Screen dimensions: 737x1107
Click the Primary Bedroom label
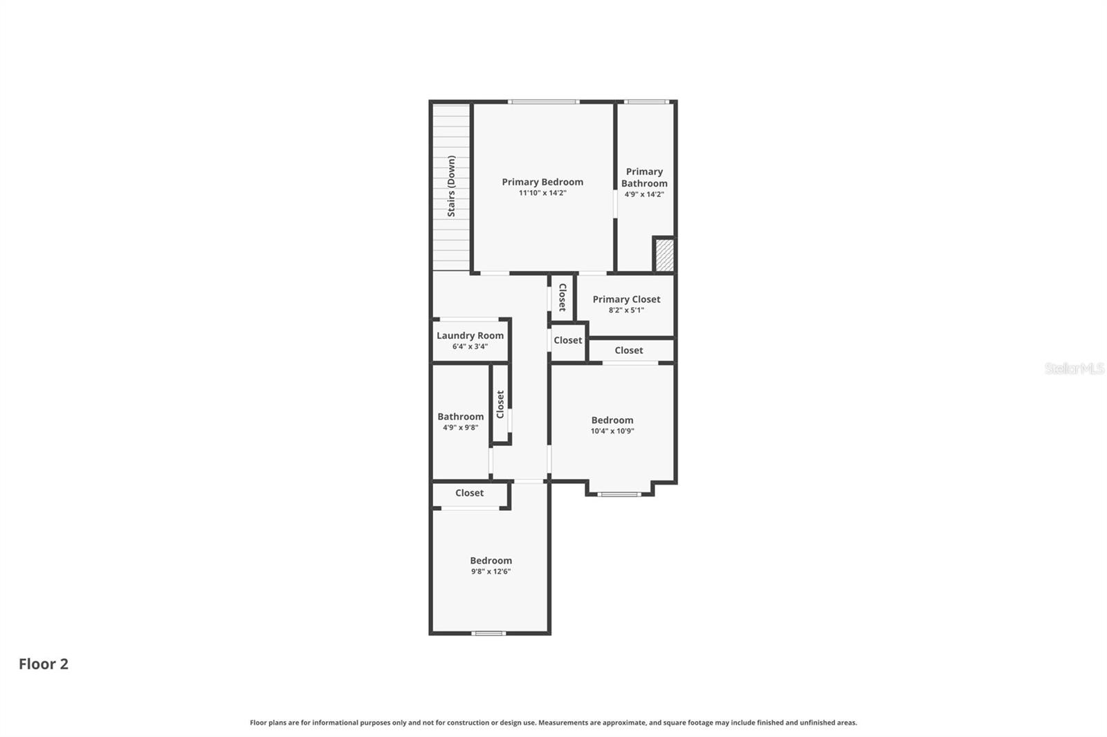542,182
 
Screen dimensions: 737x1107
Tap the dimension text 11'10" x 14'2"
542,194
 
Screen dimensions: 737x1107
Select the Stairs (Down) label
451,186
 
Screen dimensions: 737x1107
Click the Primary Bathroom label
644,177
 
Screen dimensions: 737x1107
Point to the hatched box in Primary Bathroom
664,255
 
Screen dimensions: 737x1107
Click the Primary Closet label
626,299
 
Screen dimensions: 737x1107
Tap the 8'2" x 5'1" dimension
626,310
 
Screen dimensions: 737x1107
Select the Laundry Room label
470,335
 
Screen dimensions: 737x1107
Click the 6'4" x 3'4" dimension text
470,346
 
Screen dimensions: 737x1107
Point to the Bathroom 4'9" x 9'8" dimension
460,427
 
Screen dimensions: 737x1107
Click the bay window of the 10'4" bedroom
619,494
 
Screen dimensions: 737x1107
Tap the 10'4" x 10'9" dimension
612,431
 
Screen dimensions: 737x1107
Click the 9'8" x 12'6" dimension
491,572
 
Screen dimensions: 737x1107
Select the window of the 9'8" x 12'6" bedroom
488,633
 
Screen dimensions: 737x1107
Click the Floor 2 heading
44,664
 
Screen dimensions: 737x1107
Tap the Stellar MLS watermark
1074,368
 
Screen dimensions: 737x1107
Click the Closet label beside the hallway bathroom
500,404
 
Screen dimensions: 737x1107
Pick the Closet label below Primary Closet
629,351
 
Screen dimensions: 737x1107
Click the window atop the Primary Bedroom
543,102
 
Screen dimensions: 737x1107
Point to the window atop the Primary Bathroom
646,102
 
